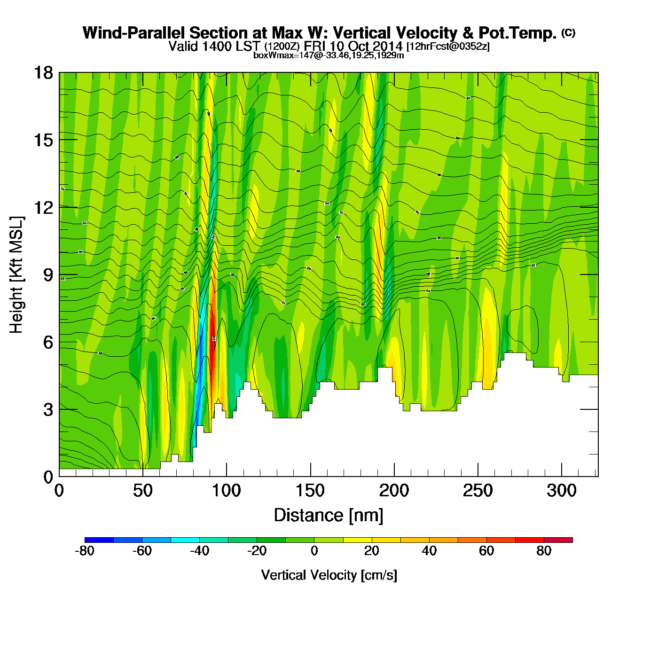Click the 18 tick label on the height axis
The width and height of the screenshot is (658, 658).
coord(43,73)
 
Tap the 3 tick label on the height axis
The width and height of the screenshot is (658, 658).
coord(48,409)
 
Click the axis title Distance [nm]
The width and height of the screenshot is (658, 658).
coord(329,516)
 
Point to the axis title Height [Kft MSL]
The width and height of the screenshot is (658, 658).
coord(17,275)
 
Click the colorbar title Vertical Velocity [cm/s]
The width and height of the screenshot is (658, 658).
coord(329,575)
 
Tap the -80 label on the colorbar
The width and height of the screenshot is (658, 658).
coord(85,551)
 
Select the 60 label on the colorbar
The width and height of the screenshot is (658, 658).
coord(486,551)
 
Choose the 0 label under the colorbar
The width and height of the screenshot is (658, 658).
coord(314,551)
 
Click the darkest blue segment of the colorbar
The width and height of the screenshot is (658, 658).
coord(99,540)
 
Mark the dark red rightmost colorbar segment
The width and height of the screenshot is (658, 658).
coord(558,540)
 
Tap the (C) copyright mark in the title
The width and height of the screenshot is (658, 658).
coord(568,32)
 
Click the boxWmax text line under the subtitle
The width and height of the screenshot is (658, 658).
coord(329,55)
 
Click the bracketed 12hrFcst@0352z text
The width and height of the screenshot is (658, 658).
coord(448,47)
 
